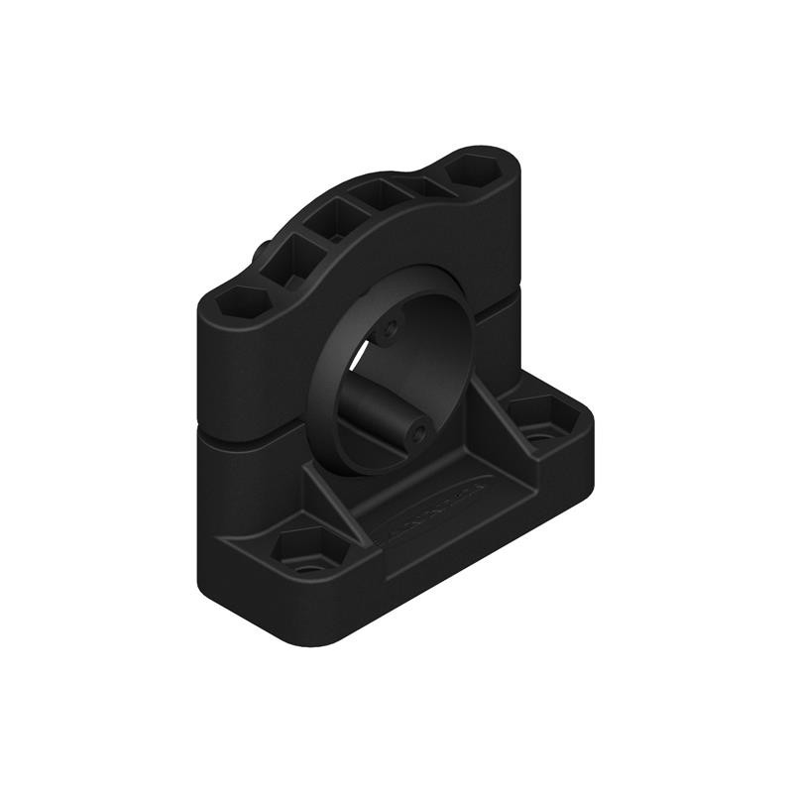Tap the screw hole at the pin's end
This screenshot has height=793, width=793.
(420, 432)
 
